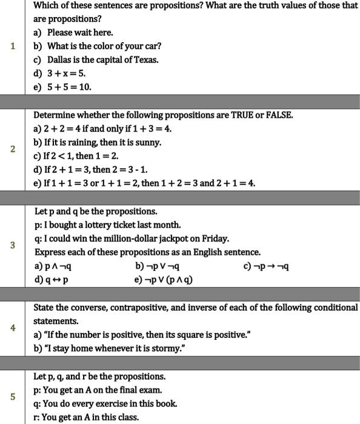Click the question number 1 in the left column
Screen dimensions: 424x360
pos(13,46)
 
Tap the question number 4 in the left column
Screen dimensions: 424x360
pos(13,328)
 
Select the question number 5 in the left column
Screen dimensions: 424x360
pos(13,397)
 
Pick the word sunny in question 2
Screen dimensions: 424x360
pos(148,142)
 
